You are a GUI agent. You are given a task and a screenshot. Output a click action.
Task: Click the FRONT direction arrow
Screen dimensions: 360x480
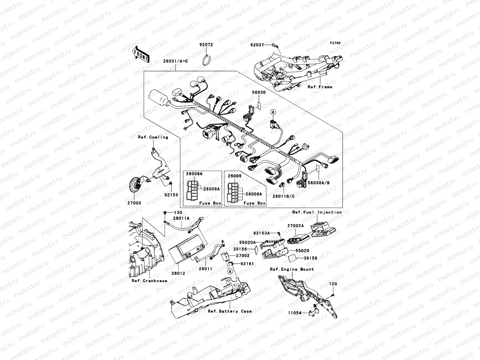tap(140, 54)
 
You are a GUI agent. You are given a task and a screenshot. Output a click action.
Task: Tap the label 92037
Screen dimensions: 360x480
tap(257, 45)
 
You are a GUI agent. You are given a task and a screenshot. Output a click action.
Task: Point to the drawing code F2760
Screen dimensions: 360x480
tap(335, 43)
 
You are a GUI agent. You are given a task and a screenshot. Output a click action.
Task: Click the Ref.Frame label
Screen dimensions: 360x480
tap(320, 87)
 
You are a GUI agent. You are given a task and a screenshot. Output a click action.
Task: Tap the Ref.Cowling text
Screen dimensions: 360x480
tap(153, 137)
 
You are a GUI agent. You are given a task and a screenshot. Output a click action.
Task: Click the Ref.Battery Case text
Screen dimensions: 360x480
tap(230, 311)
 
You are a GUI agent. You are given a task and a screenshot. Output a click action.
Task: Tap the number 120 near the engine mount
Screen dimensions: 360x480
tap(333, 284)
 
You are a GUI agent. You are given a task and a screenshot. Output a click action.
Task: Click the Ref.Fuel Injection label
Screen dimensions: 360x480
tap(317, 212)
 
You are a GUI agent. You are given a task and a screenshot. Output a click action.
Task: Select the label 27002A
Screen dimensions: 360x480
tap(295, 226)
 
